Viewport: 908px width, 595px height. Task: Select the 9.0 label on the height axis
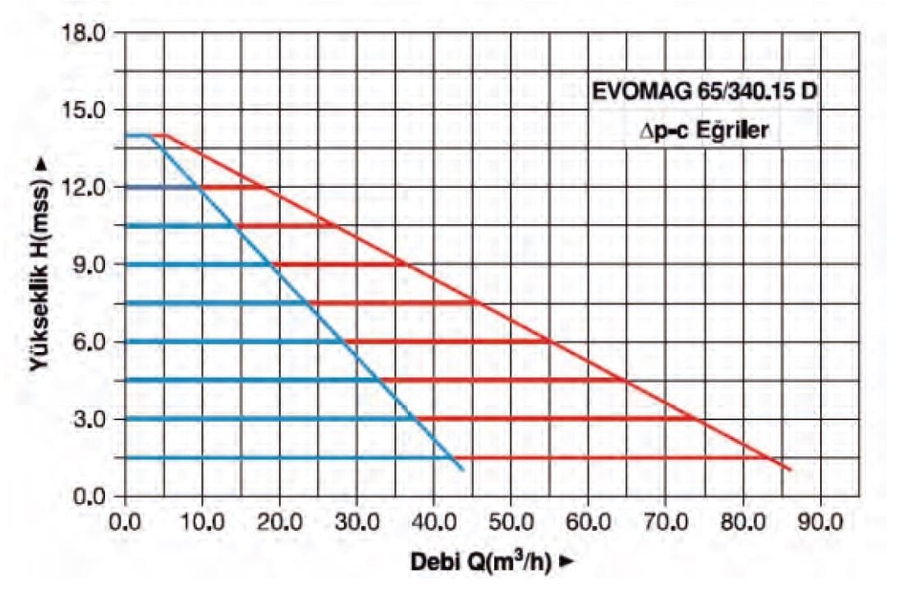click(x=90, y=265)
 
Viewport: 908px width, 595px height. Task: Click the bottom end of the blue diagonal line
click(x=463, y=469)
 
